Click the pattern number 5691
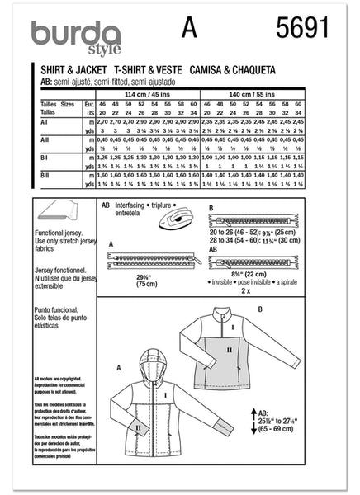click(x=304, y=31)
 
